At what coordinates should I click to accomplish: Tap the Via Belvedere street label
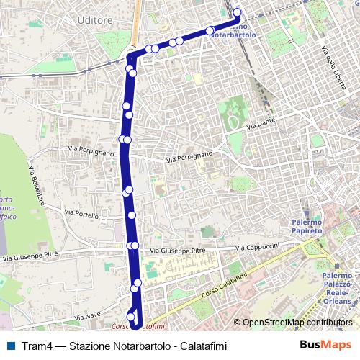click(x=35, y=186)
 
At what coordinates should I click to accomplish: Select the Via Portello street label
click(x=81, y=214)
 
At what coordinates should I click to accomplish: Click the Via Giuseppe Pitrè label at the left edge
click(x=30, y=256)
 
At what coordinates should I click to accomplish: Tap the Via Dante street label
click(x=261, y=125)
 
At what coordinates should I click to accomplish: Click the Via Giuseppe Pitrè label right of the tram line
click(x=173, y=250)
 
